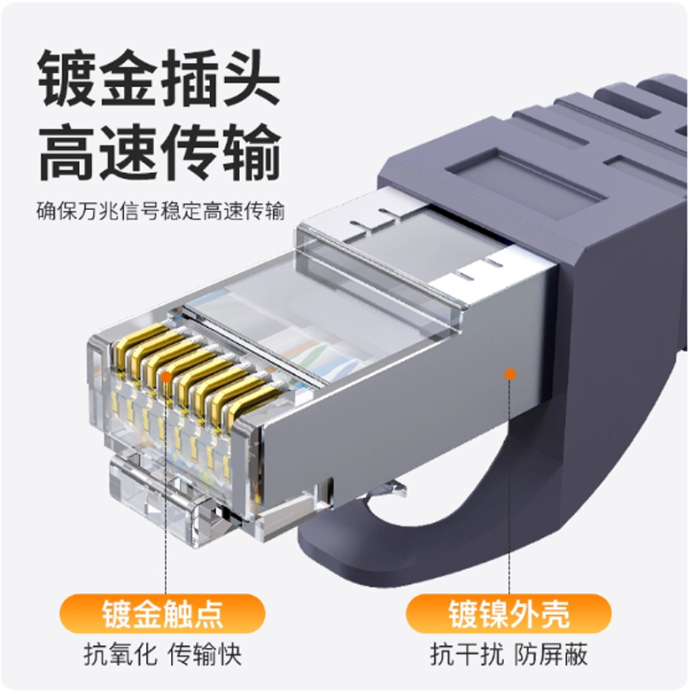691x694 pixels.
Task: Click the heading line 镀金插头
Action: [159, 79]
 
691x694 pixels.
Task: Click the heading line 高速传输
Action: [160, 152]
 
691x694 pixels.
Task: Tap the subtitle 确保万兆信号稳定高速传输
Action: [160, 211]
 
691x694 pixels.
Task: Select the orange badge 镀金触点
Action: [162, 613]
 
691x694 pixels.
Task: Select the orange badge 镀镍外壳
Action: [509, 613]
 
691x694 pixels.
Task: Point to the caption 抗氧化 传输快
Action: [162, 654]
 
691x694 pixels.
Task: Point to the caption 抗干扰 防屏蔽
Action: [509, 654]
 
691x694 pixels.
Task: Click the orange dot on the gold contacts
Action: [166, 377]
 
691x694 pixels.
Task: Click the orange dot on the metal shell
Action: [510, 374]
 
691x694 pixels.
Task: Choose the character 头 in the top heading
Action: [251, 79]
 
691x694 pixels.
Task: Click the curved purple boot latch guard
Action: [442, 531]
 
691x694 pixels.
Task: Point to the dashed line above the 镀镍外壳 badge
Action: [509, 487]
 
